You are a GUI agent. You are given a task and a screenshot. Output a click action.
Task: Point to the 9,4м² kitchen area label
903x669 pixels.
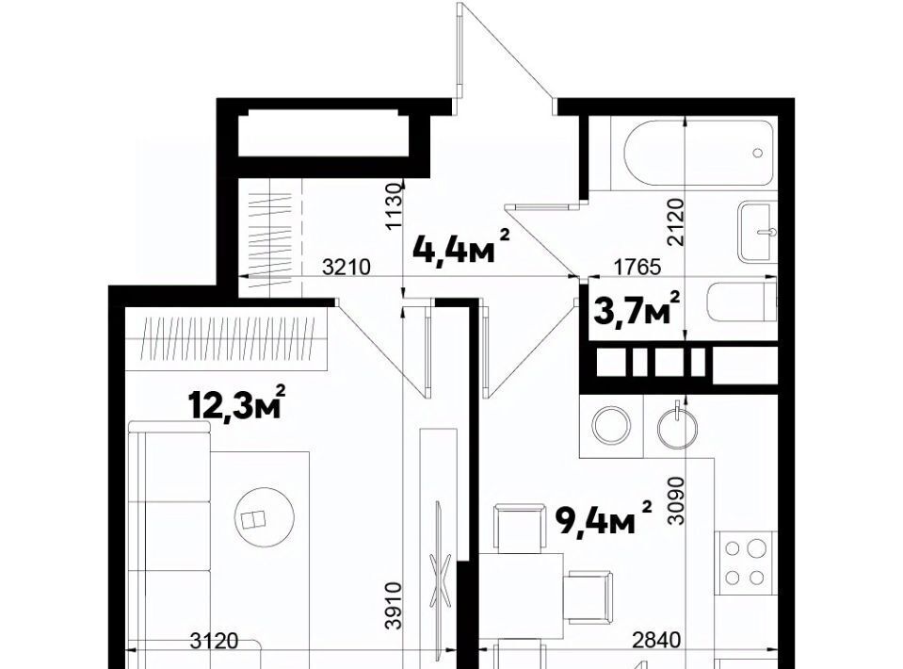[x=604, y=517]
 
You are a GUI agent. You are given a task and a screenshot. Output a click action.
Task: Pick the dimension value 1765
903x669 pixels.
[x=637, y=268]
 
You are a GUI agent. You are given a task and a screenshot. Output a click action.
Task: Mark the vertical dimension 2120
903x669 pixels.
[x=675, y=222]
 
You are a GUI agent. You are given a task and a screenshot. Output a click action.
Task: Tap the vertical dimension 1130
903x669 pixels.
[x=394, y=206]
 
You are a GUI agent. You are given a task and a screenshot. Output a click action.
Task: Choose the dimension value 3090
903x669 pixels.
[x=676, y=500]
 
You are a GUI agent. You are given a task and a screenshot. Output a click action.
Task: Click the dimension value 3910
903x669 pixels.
[x=394, y=606]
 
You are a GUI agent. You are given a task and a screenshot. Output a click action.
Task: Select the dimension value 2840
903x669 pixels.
[x=656, y=640]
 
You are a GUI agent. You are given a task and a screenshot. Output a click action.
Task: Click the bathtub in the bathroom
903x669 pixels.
[x=699, y=153]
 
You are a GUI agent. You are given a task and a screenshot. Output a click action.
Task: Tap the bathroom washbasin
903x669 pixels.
[x=757, y=232]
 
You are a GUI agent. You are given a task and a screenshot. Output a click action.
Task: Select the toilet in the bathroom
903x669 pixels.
[x=741, y=302]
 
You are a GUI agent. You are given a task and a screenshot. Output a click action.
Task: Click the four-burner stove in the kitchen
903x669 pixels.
[x=745, y=563]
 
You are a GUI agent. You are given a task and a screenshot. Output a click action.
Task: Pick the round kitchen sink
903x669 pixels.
[x=678, y=428]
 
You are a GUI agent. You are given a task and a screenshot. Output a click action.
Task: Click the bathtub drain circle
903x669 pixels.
[x=758, y=154]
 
